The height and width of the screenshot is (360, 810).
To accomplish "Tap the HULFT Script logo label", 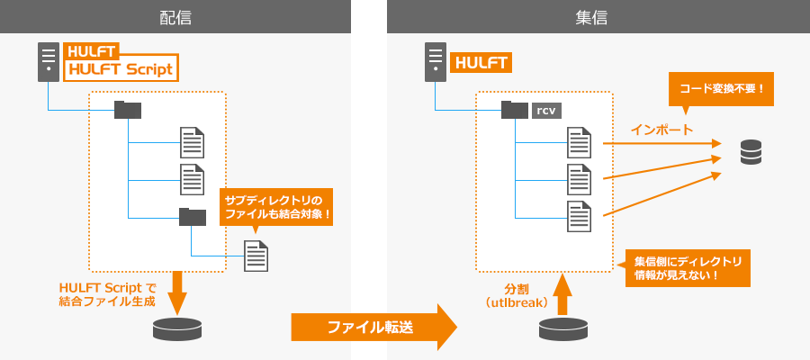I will (121, 67).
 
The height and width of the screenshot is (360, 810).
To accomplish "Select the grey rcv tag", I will (545, 111).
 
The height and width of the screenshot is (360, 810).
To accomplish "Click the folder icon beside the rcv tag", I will (515, 110).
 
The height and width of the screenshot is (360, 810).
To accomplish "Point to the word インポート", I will (661, 130).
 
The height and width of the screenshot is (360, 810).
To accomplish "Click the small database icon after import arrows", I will (750, 152).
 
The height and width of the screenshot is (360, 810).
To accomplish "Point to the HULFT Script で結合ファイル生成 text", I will (107, 294).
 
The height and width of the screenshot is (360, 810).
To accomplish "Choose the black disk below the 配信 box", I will (177, 329).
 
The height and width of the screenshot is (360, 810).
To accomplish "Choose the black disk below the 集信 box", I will (563, 329).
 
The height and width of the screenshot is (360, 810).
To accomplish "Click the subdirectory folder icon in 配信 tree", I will (192, 216).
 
